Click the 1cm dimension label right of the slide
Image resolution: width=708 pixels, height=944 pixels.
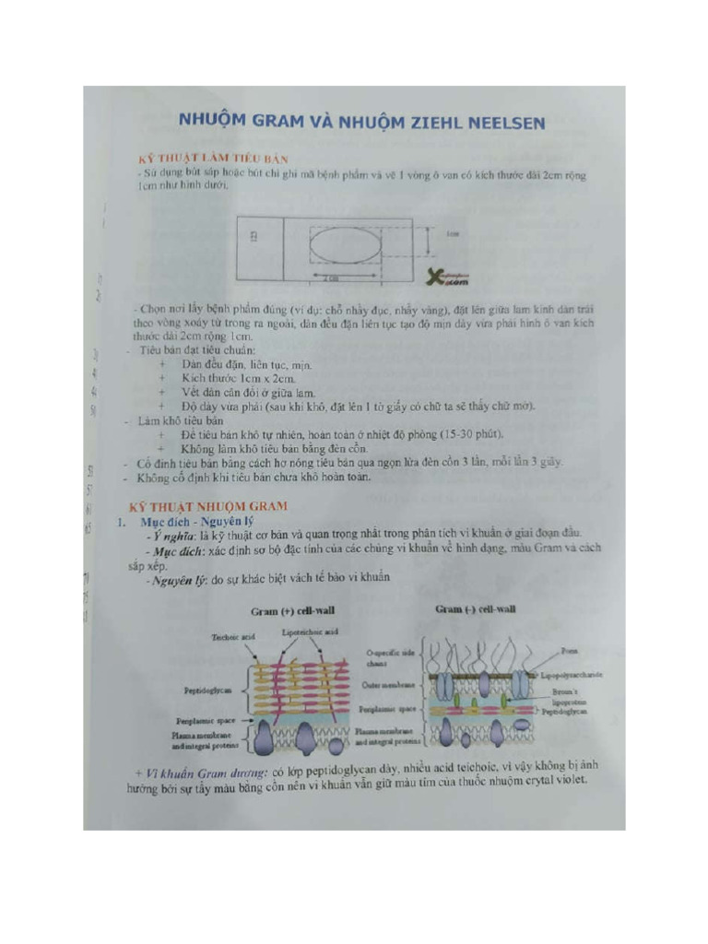coord(452,234)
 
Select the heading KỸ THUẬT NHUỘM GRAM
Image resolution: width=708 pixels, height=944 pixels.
coord(207,506)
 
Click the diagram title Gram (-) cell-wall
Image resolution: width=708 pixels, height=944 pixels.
coord(475,609)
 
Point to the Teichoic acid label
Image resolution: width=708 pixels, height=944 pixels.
coord(232,636)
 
